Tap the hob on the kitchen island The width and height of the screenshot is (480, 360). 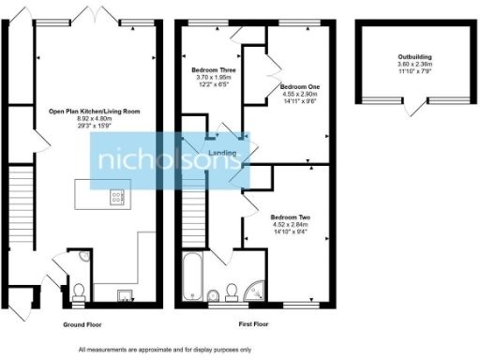pos(118,197)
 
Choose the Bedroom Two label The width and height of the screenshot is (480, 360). pos(291,217)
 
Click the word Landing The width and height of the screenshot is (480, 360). pos(221,153)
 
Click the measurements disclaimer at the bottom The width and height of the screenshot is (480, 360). pos(164,349)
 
